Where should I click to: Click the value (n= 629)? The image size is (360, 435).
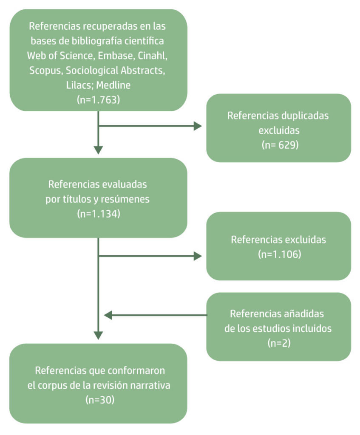(x=278, y=145)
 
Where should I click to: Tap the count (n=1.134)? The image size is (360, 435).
(x=98, y=214)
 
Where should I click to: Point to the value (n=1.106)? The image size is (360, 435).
(x=278, y=254)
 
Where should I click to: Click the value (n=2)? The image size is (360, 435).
(x=278, y=343)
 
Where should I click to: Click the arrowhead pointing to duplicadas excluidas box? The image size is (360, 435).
(x=198, y=126)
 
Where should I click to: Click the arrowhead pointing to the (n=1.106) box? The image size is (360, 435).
(x=198, y=256)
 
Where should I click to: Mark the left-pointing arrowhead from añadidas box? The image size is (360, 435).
(x=108, y=315)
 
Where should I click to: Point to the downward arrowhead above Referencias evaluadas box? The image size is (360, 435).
(x=98, y=150)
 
